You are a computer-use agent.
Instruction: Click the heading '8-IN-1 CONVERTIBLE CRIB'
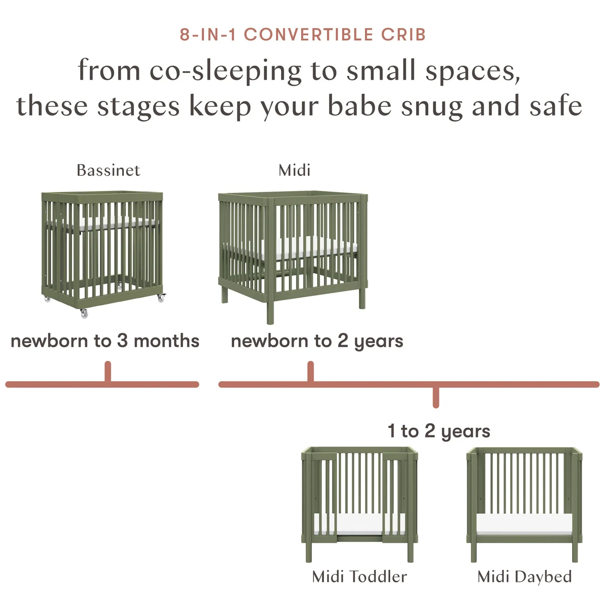pyautogui.click(x=303, y=35)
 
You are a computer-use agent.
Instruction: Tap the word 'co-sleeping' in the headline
pyautogui.click(x=225, y=71)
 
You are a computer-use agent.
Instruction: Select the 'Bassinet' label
pyautogui.click(x=108, y=170)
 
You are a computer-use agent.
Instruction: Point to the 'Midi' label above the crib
pyautogui.click(x=294, y=170)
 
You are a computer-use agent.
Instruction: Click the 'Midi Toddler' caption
pyautogui.click(x=359, y=577)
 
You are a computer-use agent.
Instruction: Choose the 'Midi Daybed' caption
pyautogui.click(x=524, y=577)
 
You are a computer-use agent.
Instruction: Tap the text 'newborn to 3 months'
pyautogui.click(x=105, y=341)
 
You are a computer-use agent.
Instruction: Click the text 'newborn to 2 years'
pyautogui.click(x=317, y=341)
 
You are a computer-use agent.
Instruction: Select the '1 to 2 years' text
pyautogui.click(x=439, y=431)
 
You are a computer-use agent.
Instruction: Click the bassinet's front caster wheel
pyautogui.click(x=84, y=313)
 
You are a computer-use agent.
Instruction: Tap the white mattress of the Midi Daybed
pyautogui.click(x=524, y=523)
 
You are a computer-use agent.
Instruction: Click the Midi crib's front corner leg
pyautogui.click(x=270, y=309)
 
